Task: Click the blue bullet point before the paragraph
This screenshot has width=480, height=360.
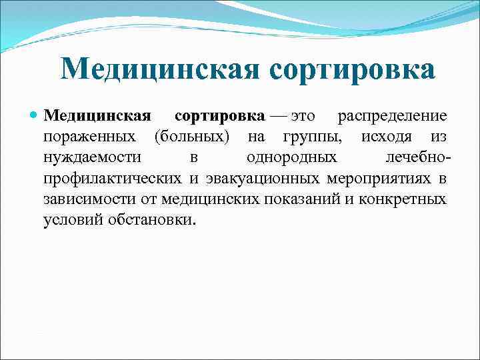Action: (x=35, y=116)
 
